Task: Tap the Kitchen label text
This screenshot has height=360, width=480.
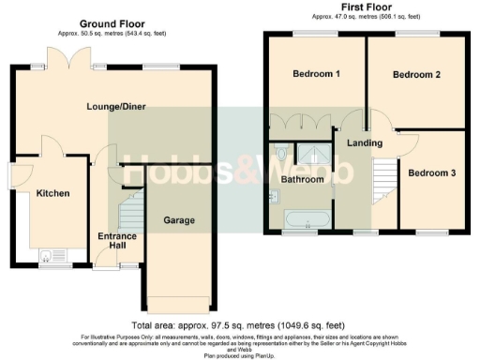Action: click(53, 193)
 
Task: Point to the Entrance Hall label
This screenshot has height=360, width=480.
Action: click(117, 242)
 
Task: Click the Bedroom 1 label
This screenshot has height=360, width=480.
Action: click(316, 74)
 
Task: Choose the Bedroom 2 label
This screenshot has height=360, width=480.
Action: click(416, 74)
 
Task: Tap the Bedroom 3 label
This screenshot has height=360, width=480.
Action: click(432, 173)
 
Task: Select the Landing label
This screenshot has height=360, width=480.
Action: click(364, 142)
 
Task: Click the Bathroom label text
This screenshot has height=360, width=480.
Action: click(304, 178)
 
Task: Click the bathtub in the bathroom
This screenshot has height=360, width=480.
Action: click(307, 220)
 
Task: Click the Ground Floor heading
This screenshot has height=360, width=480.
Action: click(111, 22)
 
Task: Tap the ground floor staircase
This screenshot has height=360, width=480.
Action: click(132, 211)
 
